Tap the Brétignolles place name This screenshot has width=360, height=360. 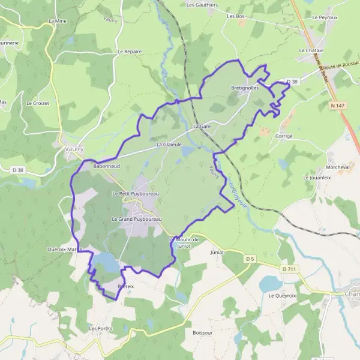tap(245, 88)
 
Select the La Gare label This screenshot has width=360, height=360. tap(202, 127)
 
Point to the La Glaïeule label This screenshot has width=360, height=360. tap(168, 145)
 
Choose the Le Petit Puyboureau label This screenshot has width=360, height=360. tap(136, 194)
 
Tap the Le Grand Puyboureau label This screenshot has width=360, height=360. tap(137, 220)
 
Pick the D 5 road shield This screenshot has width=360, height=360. tap(250, 259)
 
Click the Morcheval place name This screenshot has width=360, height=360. tap(320, 167)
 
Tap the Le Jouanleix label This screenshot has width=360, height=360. tap(317, 178)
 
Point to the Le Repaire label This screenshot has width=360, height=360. tap(130, 52)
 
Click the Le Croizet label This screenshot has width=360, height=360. tap(37, 103)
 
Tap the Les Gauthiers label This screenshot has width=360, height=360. tap(202, 5)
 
